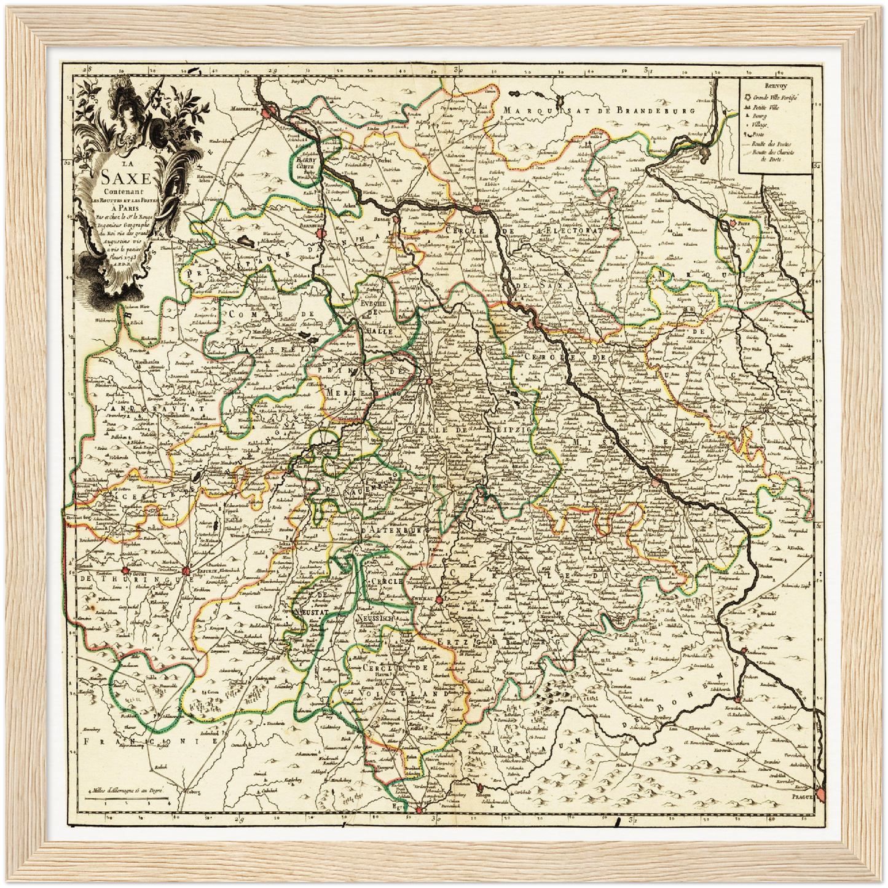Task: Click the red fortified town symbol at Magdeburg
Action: (266, 112)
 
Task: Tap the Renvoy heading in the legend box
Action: (776, 87)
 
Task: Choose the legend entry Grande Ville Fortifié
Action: (771, 99)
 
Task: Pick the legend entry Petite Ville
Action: (762, 108)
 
